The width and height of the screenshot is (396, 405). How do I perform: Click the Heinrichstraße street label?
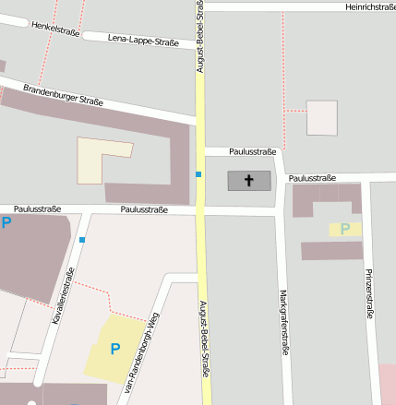[x=370, y=6]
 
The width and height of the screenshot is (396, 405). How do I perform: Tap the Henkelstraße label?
[x=54, y=30]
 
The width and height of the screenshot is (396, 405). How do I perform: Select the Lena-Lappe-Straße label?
[x=143, y=41]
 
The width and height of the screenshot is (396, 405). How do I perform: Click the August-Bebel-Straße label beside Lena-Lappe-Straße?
[x=199, y=37]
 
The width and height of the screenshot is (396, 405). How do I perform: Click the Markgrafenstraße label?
[x=282, y=322]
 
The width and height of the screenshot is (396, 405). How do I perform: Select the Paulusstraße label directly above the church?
[x=252, y=151]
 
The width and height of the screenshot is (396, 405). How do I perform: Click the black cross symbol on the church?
[x=250, y=180]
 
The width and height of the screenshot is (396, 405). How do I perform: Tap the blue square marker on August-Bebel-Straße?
[x=198, y=173]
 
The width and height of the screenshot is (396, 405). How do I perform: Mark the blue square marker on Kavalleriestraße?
[x=82, y=240]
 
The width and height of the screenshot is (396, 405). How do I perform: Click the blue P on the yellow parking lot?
[x=115, y=349]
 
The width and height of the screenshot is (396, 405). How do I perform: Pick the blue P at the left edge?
[x=6, y=222]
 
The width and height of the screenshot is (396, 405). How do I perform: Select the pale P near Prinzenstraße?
[x=345, y=229]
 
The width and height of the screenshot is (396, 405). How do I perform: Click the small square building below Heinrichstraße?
[x=322, y=118]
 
